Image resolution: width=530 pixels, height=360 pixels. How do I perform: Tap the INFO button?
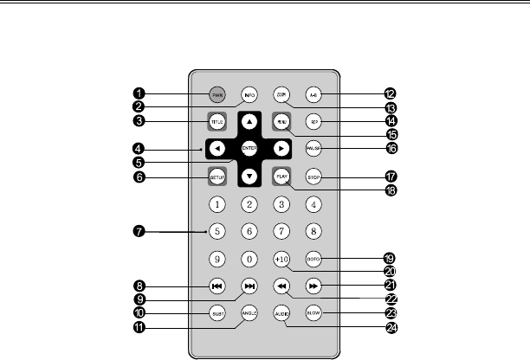(x=249, y=93)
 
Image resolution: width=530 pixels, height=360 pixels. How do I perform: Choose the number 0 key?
(x=249, y=258)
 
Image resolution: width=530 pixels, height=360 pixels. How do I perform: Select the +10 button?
(x=281, y=258)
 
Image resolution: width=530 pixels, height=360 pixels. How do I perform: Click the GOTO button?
(x=314, y=258)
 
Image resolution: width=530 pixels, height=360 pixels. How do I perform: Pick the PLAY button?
(x=281, y=177)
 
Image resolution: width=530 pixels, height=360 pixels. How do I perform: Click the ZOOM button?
(x=281, y=93)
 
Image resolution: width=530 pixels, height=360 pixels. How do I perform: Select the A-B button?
(x=314, y=93)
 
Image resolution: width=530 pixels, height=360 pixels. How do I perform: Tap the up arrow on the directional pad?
(x=249, y=122)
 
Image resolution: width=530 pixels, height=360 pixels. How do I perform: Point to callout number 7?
(x=138, y=231)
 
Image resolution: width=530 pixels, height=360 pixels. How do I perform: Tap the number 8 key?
(x=314, y=231)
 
